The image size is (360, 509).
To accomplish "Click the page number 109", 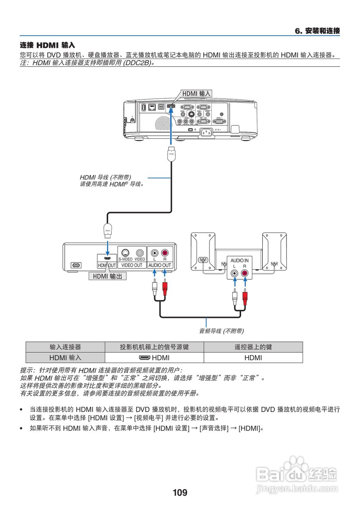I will pyautogui.click(x=180, y=493).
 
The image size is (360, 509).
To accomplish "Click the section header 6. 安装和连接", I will pyautogui.click(x=317, y=31).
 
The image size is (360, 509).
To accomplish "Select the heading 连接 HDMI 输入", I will pyautogui.click(x=47, y=46).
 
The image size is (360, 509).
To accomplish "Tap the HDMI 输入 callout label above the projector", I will pyautogui.click(x=196, y=93).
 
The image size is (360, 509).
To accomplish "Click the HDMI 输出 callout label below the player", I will pyautogui.click(x=107, y=276).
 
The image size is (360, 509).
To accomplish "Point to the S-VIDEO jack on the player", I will pyautogui.click(x=125, y=253).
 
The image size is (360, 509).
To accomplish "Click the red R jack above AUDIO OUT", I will pyautogui.click(x=165, y=253).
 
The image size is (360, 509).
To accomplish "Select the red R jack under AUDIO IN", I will pyautogui.click(x=245, y=273).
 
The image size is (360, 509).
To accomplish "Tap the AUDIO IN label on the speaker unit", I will pyautogui.click(x=240, y=260).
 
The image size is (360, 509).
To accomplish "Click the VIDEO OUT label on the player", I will pyautogui.click(x=132, y=265).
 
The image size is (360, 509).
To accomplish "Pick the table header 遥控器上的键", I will pyautogui.click(x=253, y=347).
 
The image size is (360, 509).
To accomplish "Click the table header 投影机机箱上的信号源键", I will pyautogui.click(x=154, y=347).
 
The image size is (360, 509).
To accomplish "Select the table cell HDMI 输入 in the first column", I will pyautogui.click(x=65, y=357).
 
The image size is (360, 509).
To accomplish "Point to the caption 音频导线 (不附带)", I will pyautogui.click(x=221, y=330).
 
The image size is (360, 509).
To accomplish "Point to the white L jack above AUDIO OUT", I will pyautogui.click(x=154, y=253).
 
